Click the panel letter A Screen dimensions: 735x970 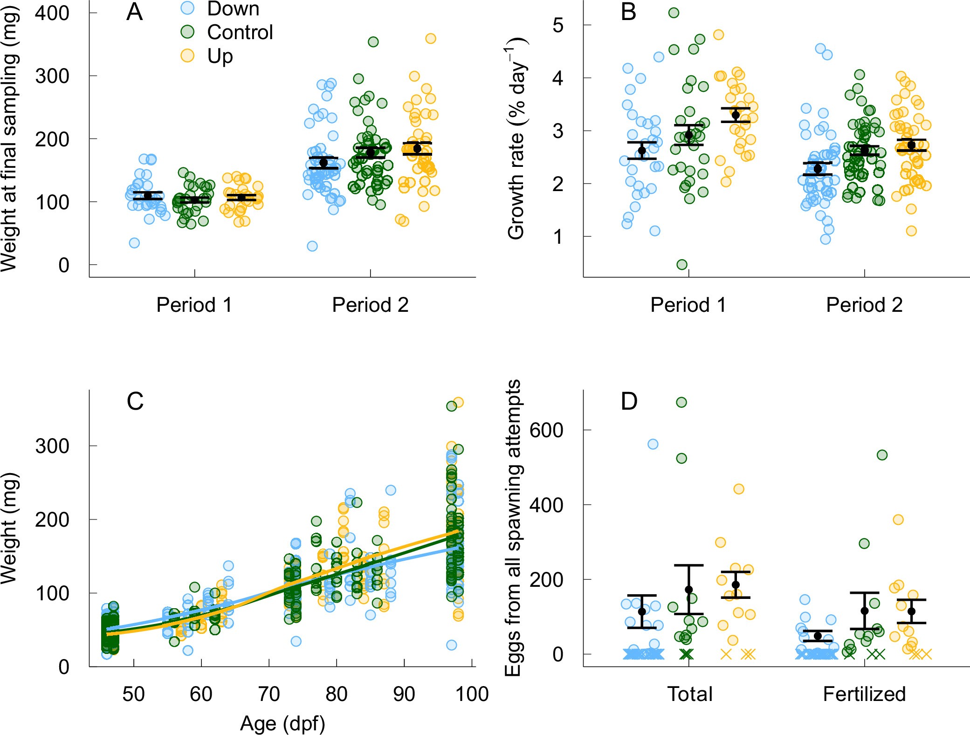134,13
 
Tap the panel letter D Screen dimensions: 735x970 629,401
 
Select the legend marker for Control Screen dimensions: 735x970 187,32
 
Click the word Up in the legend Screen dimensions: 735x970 220,56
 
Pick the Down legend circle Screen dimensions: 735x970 187,8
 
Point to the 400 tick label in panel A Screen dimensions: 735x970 52,13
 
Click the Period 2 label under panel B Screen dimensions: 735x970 864,305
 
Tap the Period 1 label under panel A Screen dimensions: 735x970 194,305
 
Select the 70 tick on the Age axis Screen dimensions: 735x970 269,694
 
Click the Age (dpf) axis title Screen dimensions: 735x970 282,724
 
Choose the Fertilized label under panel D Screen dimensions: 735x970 864,694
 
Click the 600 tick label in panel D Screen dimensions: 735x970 546,430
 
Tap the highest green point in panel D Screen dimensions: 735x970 681,402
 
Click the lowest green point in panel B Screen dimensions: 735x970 682,265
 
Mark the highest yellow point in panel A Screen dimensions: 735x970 431,39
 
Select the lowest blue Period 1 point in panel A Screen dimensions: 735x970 134,243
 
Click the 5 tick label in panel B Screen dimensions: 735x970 558,25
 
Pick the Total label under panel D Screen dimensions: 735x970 690,694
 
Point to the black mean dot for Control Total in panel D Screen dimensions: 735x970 688,590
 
